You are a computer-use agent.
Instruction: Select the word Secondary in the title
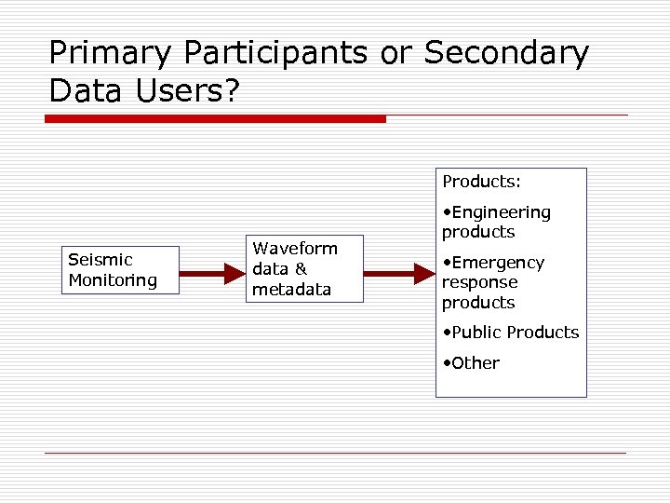coord(506,53)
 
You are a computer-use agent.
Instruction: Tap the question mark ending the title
coord(229,90)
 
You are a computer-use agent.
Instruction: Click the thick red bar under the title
coord(215,119)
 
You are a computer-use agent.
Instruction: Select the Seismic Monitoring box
coord(120,270)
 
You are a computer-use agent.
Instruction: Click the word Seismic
coord(100,260)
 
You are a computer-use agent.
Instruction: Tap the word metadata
coord(291,290)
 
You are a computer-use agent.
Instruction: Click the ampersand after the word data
coord(301,269)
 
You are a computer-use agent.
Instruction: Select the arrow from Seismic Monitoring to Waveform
coord(212,274)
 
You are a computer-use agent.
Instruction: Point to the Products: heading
coord(481,181)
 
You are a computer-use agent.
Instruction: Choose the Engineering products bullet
coord(497,222)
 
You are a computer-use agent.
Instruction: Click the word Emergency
coord(499,263)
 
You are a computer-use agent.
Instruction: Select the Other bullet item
coord(475,363)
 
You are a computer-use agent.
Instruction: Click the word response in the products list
coord(479,282)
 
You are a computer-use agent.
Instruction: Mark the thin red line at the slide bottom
coord(335,453)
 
